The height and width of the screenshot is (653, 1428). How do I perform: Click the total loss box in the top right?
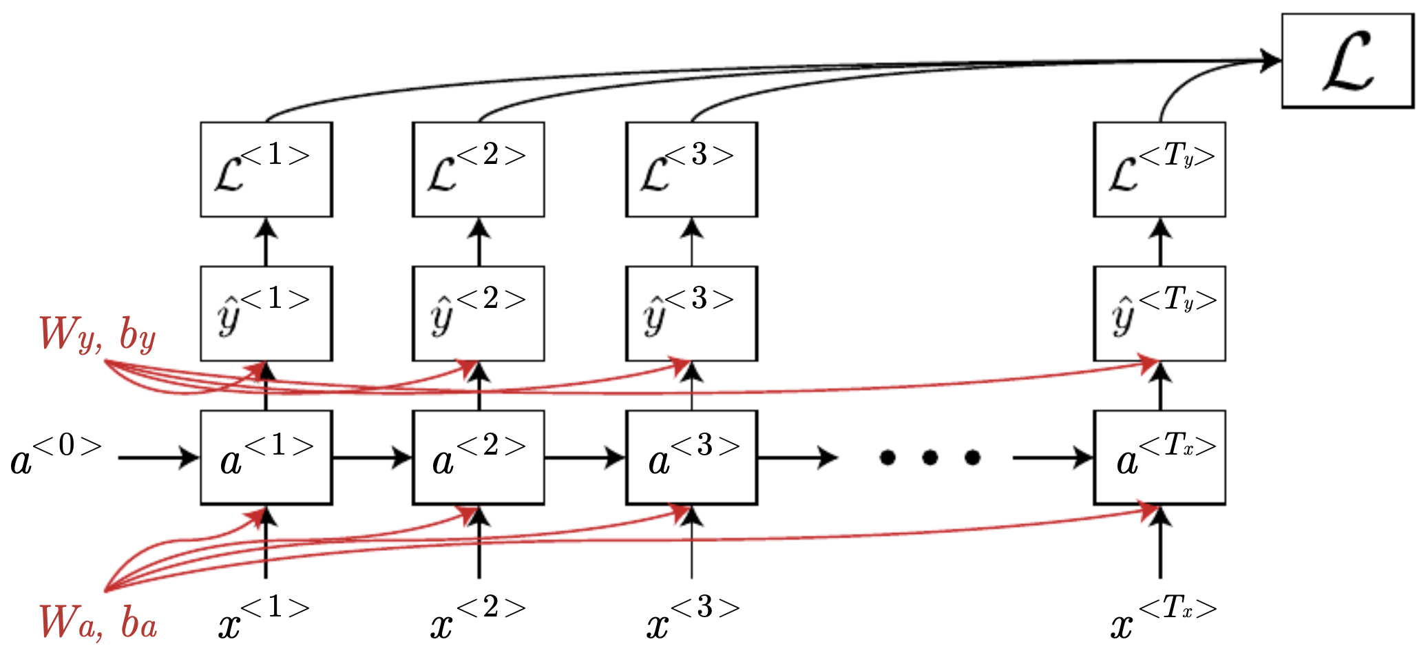coord(1347,61)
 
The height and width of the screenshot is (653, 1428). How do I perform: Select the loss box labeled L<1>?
coord(266,169)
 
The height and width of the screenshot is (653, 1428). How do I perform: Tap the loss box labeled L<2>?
coord(479,169)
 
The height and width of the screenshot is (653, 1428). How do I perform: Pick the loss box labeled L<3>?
coord(691,169)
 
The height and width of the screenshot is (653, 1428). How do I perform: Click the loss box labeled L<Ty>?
coord(1159,169)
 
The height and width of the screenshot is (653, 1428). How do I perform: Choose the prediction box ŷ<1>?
coord(266,313)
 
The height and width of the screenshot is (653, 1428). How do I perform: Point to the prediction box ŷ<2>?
coord(479,313)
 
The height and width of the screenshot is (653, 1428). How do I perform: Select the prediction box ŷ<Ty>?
coord(1159,313)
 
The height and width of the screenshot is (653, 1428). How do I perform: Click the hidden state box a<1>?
coord(266,457)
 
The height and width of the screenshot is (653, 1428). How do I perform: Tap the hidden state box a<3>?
coord(691,457)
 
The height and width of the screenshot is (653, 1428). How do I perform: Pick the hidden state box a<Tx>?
coord(1159,457)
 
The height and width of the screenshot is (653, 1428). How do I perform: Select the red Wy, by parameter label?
coord(97,335)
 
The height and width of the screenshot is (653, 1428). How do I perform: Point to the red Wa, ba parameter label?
coord(97,622)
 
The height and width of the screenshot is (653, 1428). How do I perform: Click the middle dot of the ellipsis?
coord(930,457)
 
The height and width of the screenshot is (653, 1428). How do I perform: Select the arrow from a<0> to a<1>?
coord(158,457)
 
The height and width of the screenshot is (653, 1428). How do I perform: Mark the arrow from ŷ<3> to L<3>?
coord(692,242)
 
